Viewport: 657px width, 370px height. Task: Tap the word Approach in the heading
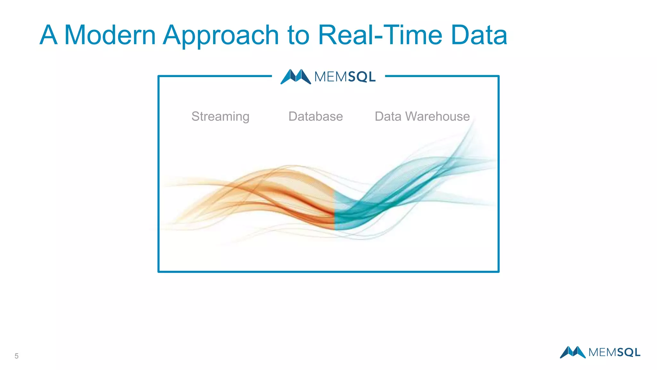click(x=221, y=35)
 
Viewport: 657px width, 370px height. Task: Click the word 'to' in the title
click(x=298, y=35)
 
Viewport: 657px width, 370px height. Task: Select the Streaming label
click(x=220, y=117)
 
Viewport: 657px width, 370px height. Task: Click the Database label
click(x=315, y=116)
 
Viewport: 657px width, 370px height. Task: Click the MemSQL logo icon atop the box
click(x=295, y=77)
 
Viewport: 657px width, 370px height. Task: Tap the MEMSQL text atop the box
click(x=345, y=77)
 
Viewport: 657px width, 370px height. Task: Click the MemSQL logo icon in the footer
click(x=573, y=352)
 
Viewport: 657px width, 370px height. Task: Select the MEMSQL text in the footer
click(x=614, y=353)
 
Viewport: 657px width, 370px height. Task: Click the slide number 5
click(x=16, y=356)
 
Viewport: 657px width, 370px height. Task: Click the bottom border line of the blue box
click(x=328, y=272)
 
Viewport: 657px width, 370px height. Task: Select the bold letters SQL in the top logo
click(x=362, y=77)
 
